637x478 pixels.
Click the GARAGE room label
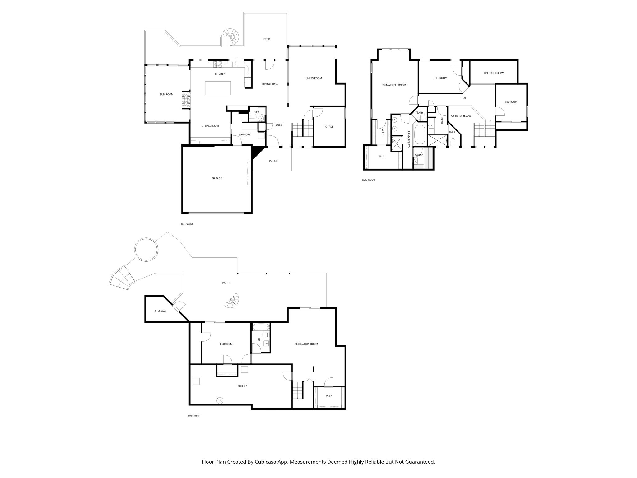pos(217,178)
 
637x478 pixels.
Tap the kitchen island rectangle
pos(218,88)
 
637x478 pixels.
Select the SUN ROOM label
pos(166,94)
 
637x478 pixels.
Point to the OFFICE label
pos(329,127)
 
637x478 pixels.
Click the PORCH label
pos(273,161)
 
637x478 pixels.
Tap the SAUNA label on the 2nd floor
pos(419,155)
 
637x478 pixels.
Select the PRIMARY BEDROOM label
pos(394,85)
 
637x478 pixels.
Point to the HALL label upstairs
pos(464,98)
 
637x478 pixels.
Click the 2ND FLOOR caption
pos(369,180)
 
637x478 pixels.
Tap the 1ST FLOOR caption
pos(187,224)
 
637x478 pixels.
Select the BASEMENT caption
pos(194,415)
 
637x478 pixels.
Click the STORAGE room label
pos(160,311)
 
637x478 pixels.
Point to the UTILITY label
pos(242,386)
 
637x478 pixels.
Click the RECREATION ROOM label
pos(306,344)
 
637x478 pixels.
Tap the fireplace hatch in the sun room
pos(186,100)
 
